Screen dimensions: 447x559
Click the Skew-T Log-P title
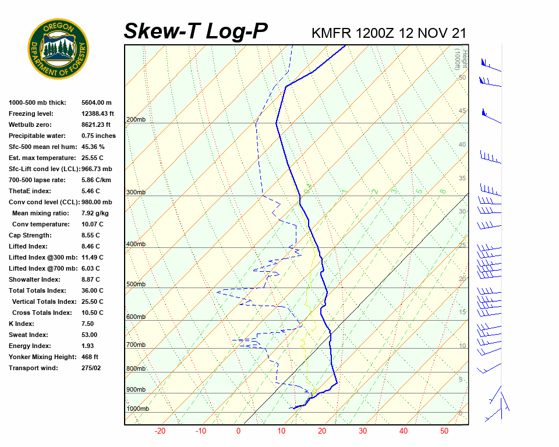click(x=196, y=31)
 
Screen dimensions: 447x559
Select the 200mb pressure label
click(x=136, y=120)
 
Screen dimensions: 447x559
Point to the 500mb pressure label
click(x=136, y=285)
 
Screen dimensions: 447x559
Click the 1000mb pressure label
click(x=137, y=409)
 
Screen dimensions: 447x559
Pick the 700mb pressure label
click(x=136, y=345)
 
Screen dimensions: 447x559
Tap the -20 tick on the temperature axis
click(x=160, y=431)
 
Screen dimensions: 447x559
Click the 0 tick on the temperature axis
click(x=238, y=431)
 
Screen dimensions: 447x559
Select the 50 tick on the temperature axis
click(x=444, y=431)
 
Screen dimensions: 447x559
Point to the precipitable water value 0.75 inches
click(x=98, y=136)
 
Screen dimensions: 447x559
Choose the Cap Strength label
click(x=30, y=235)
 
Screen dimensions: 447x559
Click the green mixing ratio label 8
click(x=443, y=191)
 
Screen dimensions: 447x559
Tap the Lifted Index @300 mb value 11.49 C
click(x=92, y=257)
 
